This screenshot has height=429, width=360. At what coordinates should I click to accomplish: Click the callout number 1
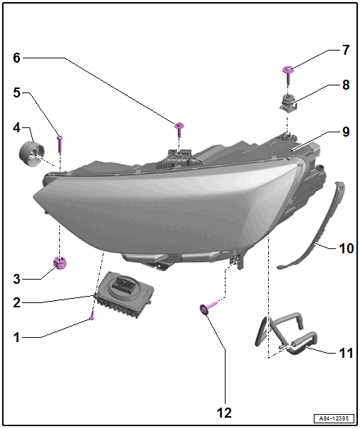(x=16, y=338)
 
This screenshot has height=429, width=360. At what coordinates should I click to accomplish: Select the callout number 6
(x=16, y=58)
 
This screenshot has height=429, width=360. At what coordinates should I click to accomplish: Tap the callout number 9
(x=346, y=132)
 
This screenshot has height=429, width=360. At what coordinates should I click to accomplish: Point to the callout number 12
(x=224, y=413)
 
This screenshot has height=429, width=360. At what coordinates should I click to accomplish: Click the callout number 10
(x=346, y=248)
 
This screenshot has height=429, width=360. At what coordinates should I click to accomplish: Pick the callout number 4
(x=16, y=127)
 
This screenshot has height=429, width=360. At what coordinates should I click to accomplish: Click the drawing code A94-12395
(x=334, y=418)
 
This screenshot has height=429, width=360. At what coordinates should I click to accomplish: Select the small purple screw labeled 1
(x=92, y=315)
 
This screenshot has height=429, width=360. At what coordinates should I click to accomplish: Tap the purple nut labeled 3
(x=60, y=263)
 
